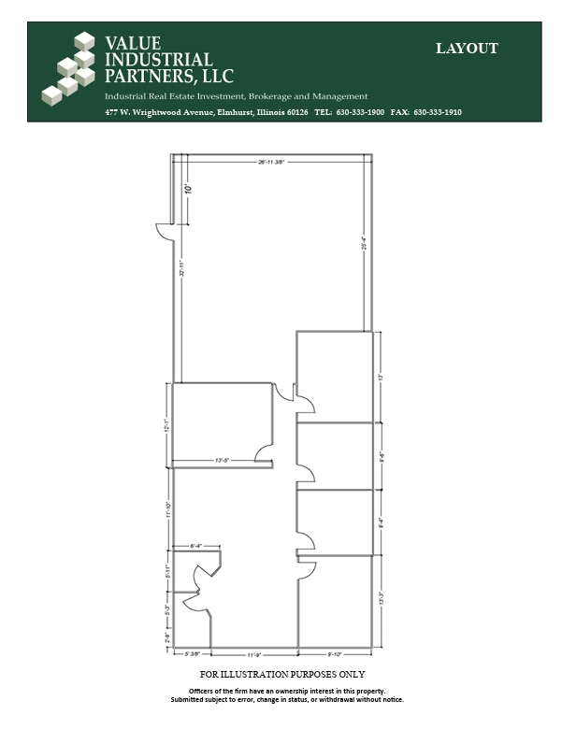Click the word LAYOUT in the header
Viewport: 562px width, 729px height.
tap(467, 49)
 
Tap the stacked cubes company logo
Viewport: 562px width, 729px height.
tap(70, 69)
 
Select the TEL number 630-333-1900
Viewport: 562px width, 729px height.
tap(360, 112)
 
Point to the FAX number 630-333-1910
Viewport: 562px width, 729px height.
tap(437, 112)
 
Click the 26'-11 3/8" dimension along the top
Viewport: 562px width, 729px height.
tap(271, 162)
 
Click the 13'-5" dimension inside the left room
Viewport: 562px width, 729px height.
tap(222, 461)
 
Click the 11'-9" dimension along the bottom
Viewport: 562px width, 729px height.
tap(255, 654)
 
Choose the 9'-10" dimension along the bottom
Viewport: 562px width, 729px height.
tap(335, 654)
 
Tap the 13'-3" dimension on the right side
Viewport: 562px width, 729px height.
tap(382, 598)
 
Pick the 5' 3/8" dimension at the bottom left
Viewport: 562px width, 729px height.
tap(193, 654)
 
